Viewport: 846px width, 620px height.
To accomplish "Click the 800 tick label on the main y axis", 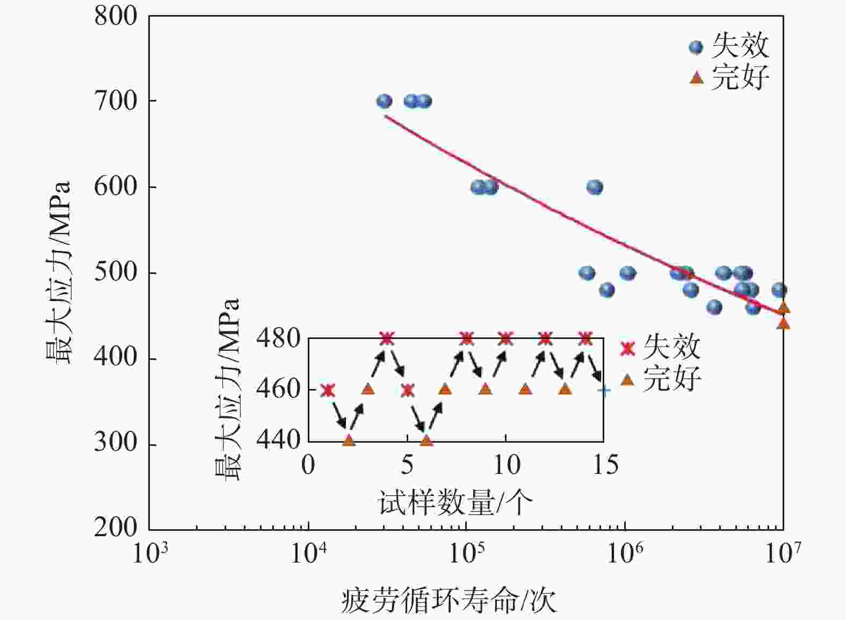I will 115,16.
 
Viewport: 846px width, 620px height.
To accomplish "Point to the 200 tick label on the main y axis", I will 115,528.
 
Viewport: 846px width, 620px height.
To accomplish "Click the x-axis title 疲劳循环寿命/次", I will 449,600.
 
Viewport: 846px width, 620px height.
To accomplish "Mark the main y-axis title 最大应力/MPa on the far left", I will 57,273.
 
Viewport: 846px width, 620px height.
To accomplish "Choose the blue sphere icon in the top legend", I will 696,47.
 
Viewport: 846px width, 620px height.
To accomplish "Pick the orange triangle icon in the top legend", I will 696,78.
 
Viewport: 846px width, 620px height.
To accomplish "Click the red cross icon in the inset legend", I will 627,348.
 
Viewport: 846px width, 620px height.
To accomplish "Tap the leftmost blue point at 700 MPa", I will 384,101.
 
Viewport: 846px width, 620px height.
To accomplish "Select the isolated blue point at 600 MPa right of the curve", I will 594,187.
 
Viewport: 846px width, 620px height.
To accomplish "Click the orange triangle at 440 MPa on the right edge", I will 783,323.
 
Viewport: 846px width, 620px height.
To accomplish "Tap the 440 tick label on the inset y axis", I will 278,440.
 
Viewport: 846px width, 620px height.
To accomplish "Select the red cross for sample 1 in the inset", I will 328,390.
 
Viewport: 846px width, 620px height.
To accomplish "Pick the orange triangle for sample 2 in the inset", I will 349,440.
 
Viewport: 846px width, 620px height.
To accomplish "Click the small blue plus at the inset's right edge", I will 604,391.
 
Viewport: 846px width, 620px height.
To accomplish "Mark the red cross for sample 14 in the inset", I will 585,338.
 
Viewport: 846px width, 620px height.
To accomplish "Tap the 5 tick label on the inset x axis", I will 407,465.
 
